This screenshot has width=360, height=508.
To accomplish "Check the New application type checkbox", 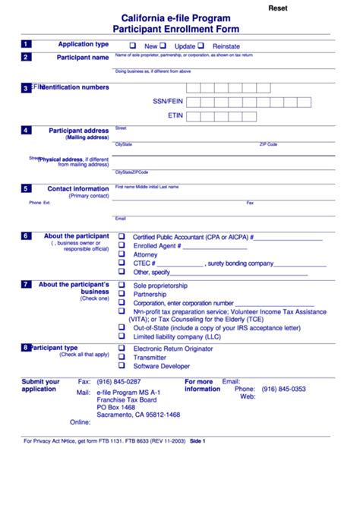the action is (133, 46).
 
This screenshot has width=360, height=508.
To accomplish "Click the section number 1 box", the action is (27, 45).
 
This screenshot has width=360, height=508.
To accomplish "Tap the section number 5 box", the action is (27, 188).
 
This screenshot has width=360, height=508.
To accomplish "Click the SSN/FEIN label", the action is (168, 101).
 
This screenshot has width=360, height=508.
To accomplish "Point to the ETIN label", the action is (175, 116).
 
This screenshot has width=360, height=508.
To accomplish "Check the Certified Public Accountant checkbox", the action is (122, 236).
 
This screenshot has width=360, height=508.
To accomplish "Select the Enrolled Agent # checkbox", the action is (122, 245).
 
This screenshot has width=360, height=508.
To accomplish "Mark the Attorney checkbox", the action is (122, 254).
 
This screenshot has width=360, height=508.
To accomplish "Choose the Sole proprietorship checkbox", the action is (122, 285).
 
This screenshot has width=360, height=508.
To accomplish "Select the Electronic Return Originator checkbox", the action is (122, 348).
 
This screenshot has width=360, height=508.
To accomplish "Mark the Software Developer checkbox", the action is (122, 365).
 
